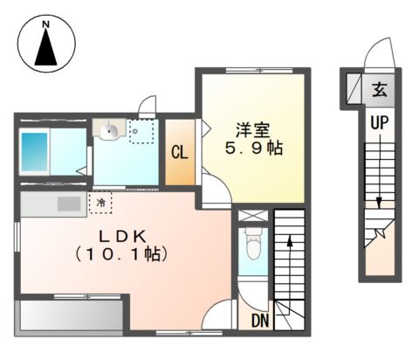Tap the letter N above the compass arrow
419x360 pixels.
tap(45, 24)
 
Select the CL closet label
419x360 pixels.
tap(180, 152)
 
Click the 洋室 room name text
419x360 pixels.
tap(253, 130)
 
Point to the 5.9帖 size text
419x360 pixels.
tap(254, 149)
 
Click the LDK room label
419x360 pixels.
tap(122, 237)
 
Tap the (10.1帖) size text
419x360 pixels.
tap(121, 253)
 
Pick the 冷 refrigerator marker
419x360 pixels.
tap(100, 203)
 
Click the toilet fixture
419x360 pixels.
tap(252, 243)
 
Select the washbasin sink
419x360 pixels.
tap(109, 129)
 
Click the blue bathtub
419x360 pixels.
tap(34, 152)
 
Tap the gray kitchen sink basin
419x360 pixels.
tap(69, 204)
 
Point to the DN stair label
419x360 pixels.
tap(260, 321)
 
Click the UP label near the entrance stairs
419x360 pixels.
tap(380, 122)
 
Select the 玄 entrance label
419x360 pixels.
tap(380, 89)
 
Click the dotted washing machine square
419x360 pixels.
tap(141, 131)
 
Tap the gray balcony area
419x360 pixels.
tap(72, 315)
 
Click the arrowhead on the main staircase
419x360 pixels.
tap(290, 241)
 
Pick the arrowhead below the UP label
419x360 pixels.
tap(379, 203)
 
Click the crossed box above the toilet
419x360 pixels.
tap(253, 216)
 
